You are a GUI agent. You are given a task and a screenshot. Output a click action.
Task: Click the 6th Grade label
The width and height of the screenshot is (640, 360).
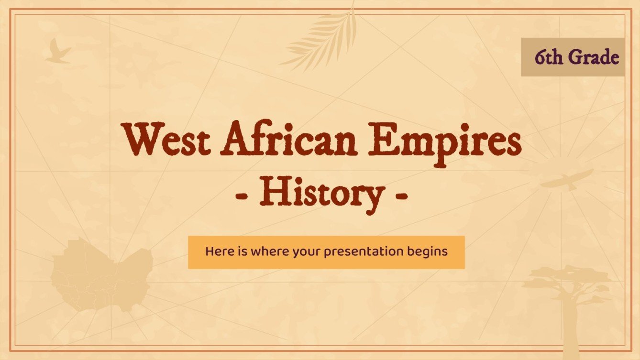tap(573, 57)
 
